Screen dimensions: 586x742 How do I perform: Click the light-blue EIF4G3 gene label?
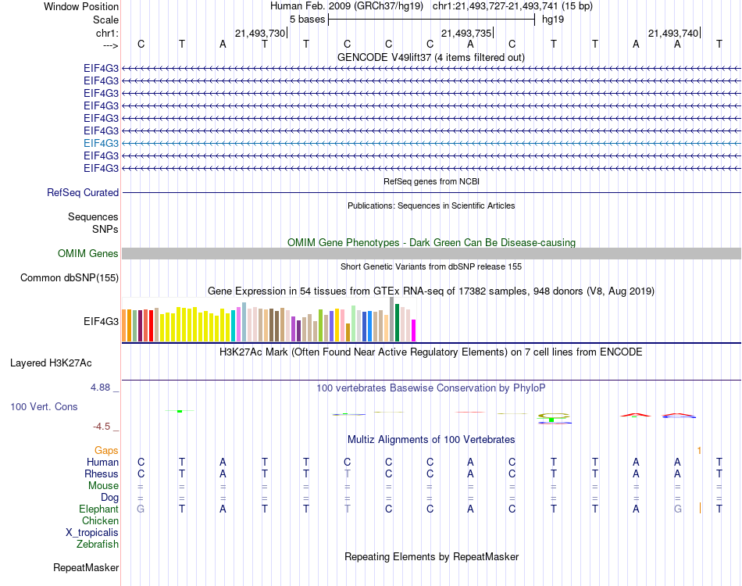tap(102, 143)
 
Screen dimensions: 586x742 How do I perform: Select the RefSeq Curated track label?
tap(83, 192)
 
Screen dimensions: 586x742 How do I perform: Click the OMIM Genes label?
tap(88, 253)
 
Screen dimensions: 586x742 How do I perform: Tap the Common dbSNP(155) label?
tap(70, 277)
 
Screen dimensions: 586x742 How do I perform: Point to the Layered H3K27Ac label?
tap(51, 363)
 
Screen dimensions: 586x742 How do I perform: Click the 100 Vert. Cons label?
tap(44, 407)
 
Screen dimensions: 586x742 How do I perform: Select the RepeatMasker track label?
tap(86, 567)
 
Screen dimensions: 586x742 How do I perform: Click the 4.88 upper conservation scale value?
tap(103, 387)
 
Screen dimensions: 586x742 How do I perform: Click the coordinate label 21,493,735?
tap(466, 33)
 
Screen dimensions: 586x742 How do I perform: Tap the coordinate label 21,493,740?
tap(673, 33)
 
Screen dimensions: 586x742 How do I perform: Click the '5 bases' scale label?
tap(307, 20)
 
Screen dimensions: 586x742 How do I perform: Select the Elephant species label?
tap(99, 509)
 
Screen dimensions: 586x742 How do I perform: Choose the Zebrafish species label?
tap(98, 544)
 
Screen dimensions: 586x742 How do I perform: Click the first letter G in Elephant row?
tap(141, 509)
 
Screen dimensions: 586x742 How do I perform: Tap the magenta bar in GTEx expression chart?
tap(414, 331)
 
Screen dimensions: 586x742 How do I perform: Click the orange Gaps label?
tap(106, 450)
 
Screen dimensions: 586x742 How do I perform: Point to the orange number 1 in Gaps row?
tap(700, 450)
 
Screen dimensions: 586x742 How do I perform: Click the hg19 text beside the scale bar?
tap(553, 20)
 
